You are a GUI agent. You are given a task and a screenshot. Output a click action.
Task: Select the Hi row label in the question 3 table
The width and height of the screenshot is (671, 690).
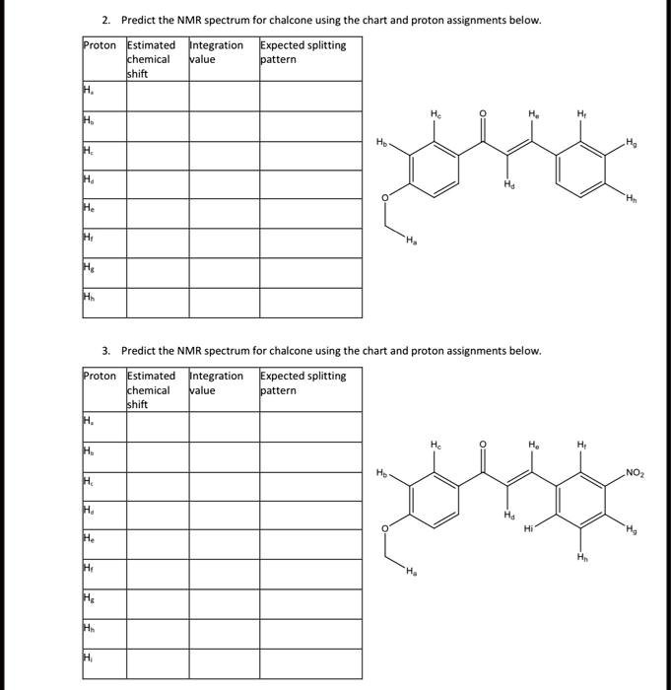pyautogui.click(x=88, y=659)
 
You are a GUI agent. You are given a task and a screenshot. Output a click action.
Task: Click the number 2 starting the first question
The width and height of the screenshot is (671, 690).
pyautogui.click(x=105, y=20)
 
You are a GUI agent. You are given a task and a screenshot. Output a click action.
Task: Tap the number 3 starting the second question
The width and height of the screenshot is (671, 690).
pyautogui.click(x=105, y=350)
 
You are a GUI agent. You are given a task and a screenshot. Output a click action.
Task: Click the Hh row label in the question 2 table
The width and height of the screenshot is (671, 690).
pyautogui.click(x=89, y=302)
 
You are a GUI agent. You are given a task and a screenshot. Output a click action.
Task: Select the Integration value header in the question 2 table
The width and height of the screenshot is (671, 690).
pyautogui.click(x=217, y=52)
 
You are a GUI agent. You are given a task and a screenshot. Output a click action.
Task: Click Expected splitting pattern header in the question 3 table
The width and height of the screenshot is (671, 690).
pyautogui.click(x=302, y=382)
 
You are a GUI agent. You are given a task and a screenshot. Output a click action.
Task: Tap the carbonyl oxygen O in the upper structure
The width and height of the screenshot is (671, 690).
pyautogui.click(x=482, y=113)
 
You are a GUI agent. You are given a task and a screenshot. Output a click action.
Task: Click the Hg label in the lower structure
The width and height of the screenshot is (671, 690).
pyautogui.click(x=630, y=532)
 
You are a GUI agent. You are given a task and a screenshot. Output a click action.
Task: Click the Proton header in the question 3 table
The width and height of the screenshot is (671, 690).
pyautogui.click(x=100, y=376)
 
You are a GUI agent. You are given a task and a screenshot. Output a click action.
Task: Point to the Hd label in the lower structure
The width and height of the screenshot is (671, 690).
pyautogui.click(x=509, y=515)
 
